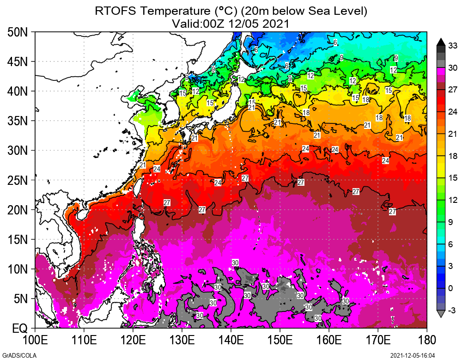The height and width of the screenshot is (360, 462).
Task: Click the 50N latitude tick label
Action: [x=18, y=32]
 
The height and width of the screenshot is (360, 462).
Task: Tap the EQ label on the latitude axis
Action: [x=19, y=329]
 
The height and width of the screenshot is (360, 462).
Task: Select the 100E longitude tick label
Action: [x=35, y=341]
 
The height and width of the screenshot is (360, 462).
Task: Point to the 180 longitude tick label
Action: [x=426, y=341]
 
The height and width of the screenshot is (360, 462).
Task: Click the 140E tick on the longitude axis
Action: [x=231, y=341]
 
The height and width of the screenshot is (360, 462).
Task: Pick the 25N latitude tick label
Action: [x=18, y=181]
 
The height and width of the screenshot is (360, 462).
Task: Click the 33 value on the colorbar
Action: [x=453, y=45]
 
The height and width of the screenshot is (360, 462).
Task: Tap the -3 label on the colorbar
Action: [x=452, y=310]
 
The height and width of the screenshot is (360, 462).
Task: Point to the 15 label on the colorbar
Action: [x=453, y=178]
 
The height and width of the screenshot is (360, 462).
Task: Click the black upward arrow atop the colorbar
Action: [x=441, y=41]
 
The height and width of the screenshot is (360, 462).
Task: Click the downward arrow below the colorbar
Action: [x=441, y=314]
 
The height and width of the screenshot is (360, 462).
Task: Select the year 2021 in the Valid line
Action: [x=276, y=23]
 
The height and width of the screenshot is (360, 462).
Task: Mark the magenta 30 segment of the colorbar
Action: [x=441, y=70]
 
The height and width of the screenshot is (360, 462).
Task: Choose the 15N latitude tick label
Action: [x=18, y=240]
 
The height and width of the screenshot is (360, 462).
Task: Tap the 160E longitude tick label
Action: [x=329, y=341]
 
